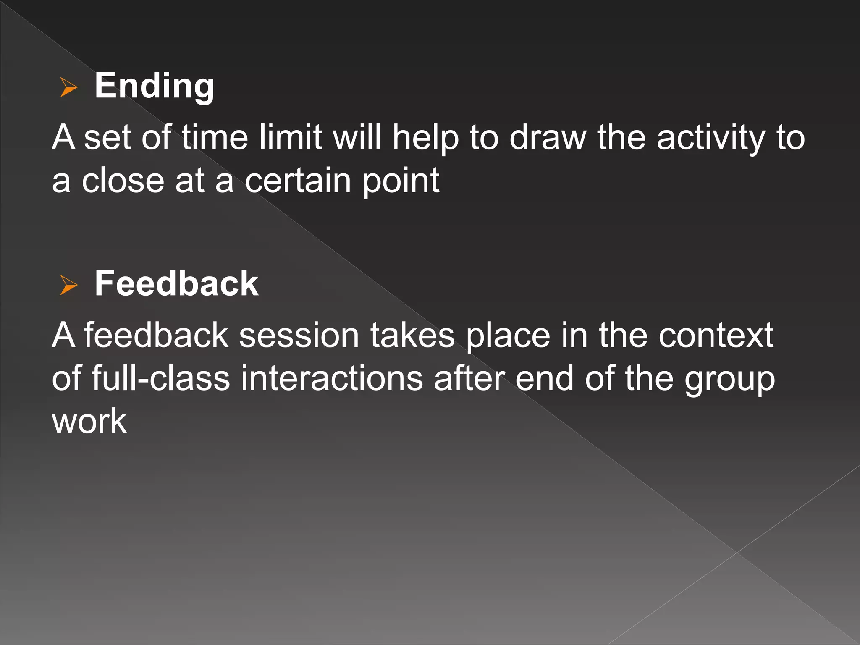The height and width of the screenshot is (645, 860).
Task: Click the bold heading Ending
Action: coord(154,86)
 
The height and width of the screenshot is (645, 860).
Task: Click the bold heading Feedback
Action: coord(176,284)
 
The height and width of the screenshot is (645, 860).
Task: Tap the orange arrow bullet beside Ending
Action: coord(69,87)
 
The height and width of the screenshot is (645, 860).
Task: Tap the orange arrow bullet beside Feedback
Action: coord(69,285)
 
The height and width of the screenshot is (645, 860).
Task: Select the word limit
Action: coord(290,137)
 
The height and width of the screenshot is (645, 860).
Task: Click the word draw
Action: coord(548,137)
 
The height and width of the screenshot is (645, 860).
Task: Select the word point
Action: coord(401,181)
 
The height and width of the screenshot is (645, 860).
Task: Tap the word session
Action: coord(299,336)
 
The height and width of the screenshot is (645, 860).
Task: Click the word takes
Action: coord(412,336)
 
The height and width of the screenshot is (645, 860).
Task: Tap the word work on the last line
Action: coord(89,421)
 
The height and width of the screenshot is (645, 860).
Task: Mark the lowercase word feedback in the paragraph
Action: coord(156,336)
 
